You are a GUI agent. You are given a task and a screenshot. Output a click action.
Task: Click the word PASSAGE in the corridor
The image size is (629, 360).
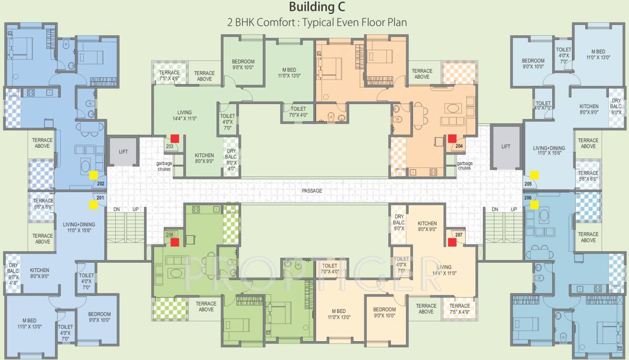coord(312,191)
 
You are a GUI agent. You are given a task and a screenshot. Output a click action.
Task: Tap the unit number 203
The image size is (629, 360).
coord(169,146)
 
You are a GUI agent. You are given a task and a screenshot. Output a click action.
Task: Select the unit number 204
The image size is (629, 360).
coord(459,146)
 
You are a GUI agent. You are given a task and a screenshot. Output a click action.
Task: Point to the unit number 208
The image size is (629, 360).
coord(169,234)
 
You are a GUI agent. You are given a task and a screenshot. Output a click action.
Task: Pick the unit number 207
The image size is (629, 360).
coord(459,234)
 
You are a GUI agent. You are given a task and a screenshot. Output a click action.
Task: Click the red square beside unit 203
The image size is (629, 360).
coord(175,138)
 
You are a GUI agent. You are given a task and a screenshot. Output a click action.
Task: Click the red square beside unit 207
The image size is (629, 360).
coord(452,242)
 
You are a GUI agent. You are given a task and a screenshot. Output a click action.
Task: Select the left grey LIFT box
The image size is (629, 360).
coord(123,152)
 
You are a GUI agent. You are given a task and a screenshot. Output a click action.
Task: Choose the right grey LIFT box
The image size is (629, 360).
coord(506,146)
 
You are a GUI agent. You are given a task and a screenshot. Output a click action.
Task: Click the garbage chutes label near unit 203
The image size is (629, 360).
coord(164,166)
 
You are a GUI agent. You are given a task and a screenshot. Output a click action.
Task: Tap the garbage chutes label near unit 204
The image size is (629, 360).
coord(464,166)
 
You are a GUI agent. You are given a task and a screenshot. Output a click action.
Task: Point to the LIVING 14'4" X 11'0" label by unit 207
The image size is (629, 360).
coord(444,270)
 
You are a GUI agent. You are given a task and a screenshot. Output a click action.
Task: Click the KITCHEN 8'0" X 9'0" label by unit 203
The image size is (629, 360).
coord(204,158)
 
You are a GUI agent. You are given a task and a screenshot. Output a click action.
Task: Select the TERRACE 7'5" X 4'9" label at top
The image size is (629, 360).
coord(169,76)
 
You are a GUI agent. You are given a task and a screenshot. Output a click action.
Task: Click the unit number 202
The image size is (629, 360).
coord(100,184)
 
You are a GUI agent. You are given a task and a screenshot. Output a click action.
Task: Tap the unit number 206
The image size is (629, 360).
coord(528,198)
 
